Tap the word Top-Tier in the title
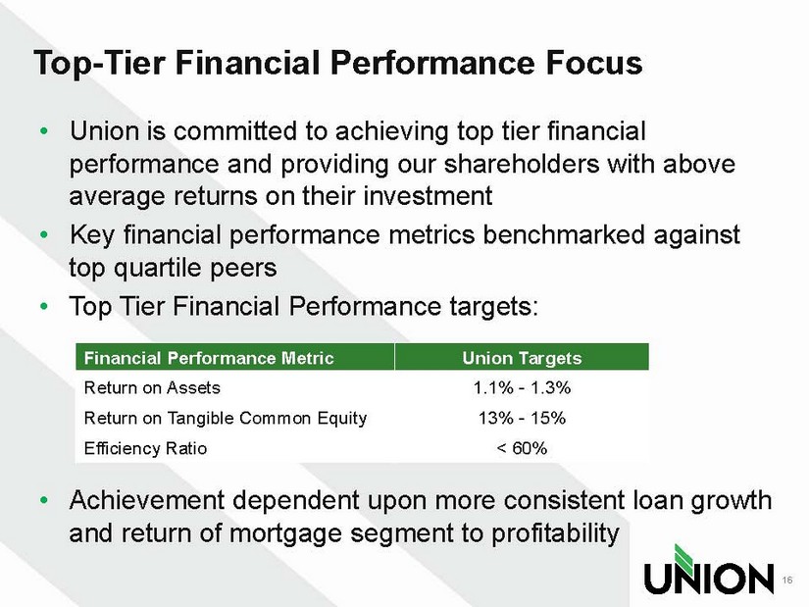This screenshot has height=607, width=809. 99,64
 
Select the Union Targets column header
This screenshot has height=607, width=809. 522,358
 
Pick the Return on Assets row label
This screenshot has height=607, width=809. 152,387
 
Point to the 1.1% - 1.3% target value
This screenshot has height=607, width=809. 522,387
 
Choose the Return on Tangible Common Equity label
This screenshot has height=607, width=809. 226,418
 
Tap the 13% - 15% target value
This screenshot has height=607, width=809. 522,418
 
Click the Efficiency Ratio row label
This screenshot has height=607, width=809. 145,448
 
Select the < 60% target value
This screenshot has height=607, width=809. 522,448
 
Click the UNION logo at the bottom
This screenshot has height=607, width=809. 708,569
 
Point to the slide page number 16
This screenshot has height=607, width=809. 786,581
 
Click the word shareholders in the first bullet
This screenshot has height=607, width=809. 521,164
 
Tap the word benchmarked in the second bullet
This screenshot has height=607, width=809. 564,234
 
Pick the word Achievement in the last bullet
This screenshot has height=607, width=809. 147,500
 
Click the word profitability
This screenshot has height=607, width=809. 555,533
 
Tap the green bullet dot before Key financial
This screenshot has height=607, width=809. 44,234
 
